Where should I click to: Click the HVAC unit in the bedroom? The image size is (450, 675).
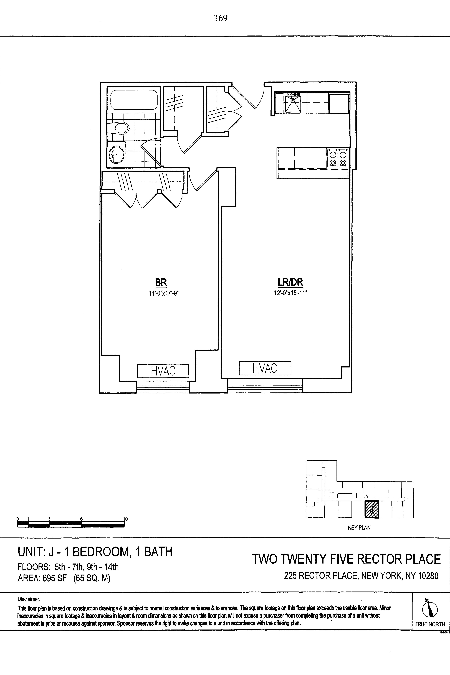(163, 371)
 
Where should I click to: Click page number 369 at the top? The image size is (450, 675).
(220, 18)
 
